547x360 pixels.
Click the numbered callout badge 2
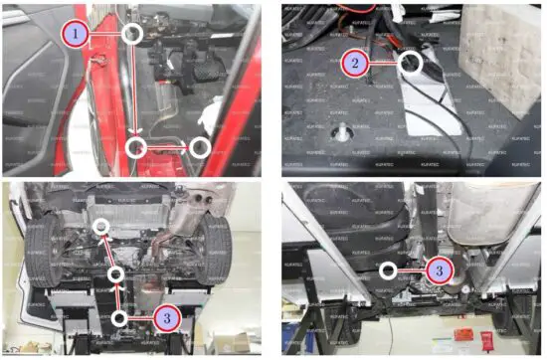[352, 63]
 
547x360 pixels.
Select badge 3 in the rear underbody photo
[438, 268]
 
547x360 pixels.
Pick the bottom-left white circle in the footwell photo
[136, 147]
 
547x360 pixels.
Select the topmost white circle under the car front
[100, 228]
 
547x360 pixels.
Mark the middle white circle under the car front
[117, 273]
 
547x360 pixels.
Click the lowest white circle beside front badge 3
[119, 317]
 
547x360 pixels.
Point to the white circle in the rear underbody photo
[387, 269]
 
